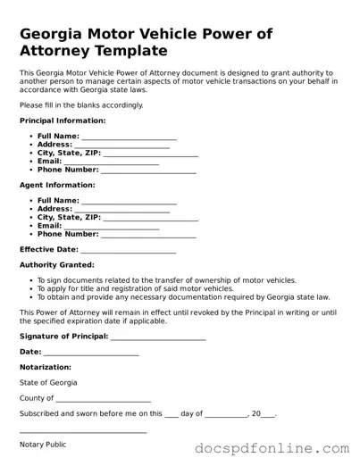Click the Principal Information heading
pyautogui.click(x=63, y=120)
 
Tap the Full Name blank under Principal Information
pyautogui.click(x=129, y=137)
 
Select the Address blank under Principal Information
pyautogui.click(x=121, y=146)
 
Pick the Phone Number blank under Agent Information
pyautogui.click(x=148, y=237)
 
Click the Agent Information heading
pyautogui.click(x=56, y=185)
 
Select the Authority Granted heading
pyautogui.click(x=56, y=265)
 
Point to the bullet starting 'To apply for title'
pyautogui.click(x=135, y=288)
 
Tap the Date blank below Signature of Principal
pyautogui.click(x=91, y=354)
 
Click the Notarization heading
pyautogui.click(x=46, y=367)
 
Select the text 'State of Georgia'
pyautogui.click(x=48, y=382)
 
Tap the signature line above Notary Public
pyautogui.click(x=83, y=434)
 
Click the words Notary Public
pyautogui.click(x=43, y=445)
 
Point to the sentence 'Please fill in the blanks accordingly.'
pyautogui.click(x=81, y=104)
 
